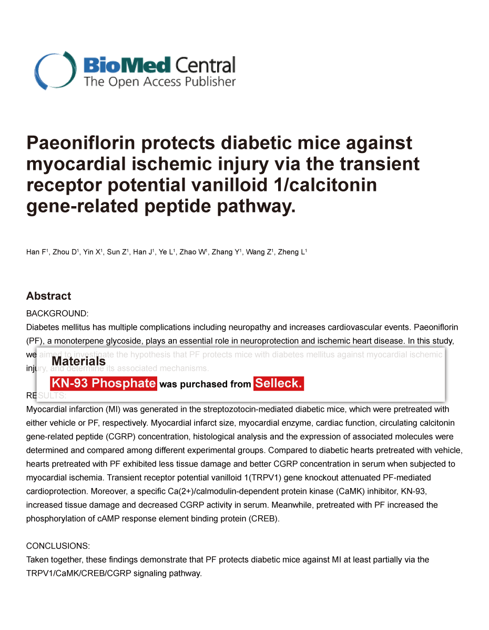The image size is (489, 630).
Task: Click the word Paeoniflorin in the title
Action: pyautogui.click(x=86, y=143)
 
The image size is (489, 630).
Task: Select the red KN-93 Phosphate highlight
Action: pyautogui.click(x=103, y=383)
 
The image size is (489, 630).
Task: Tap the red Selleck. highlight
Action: pyautogui.click(x=279, y=383)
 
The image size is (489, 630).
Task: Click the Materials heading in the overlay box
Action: pyautogui.click(x=78, y=361)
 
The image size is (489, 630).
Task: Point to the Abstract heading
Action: pyautogui.click(x=48, y=296)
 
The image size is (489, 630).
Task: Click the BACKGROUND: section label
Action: pyautogui.click(x=57, y=313)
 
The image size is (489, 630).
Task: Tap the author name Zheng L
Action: pyautogui.click(x=292, y=252)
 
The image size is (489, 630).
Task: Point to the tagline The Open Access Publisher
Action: pyautogui.click(x=160, y=82)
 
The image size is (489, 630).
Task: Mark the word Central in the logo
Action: pyautogui.click(x=205, y=65)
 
